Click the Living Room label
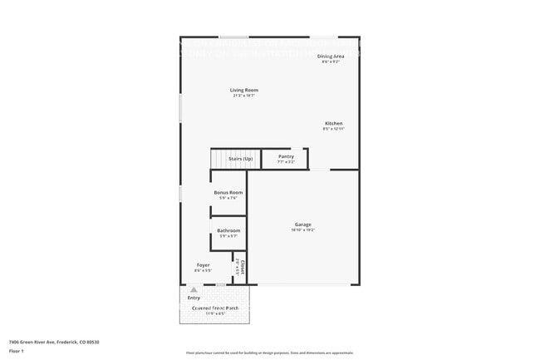pos(244,90)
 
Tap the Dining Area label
pos(331,56)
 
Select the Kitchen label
pos(333,123)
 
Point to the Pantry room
pos(285,158)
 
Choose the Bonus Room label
pos(228,192)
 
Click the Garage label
pos(302,224)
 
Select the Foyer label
pos(203,265)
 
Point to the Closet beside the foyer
pos(239,268)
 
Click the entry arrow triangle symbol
pos(194,289)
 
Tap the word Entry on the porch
pos(194,297)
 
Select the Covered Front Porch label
pos(214,308)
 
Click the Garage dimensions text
pos(302,229)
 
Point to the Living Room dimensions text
pos(244,96)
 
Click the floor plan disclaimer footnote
pos(269,353)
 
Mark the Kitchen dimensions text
pos(333,129)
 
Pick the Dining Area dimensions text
pos(331,62)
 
